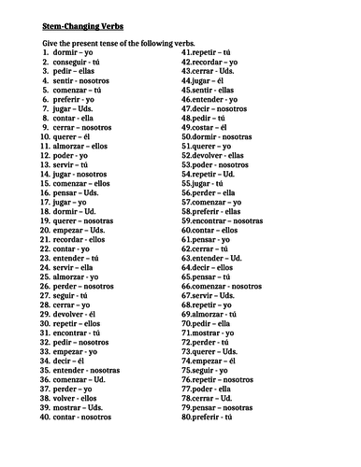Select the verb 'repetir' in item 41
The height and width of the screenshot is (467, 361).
point(210,54)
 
